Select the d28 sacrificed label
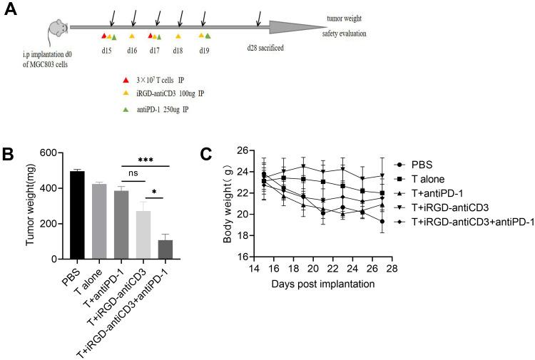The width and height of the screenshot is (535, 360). coord(266,48)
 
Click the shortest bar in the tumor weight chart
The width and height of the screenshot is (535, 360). coord(165,250)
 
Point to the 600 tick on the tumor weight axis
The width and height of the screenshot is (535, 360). coord(46,153)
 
